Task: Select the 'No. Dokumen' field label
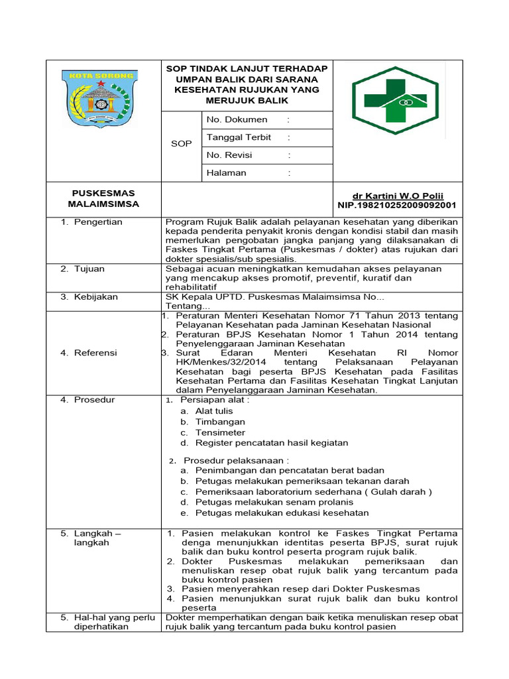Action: click(237, 119)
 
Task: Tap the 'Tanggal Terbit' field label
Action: click(239, 137)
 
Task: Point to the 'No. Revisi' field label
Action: click(233, 155)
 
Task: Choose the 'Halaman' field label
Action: click(226, 173)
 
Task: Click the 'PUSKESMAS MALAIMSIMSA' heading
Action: click(103, 198)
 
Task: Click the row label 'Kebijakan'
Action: click(95, 297)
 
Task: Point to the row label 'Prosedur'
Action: click(94, 400)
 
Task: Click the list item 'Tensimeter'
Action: click(220, 432)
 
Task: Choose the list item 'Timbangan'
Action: click(220, 422)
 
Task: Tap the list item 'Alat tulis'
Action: click(214, 411)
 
